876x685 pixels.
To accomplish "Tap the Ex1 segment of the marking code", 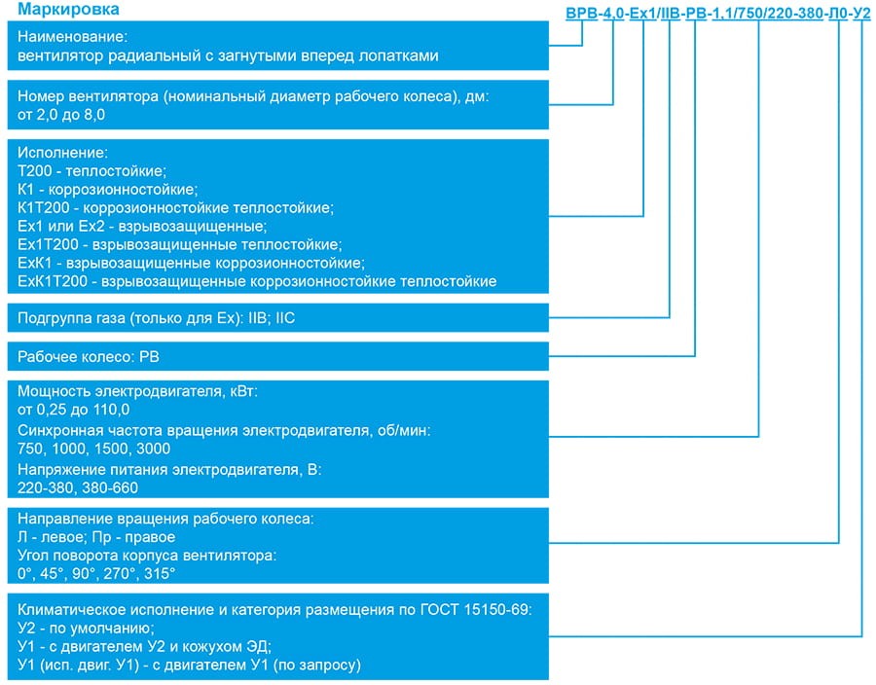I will point(642,14).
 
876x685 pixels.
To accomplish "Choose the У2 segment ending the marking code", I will point(859,14).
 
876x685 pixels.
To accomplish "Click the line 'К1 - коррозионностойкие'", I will point(107,189).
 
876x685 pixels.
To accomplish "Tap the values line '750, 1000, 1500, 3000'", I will point(94,449).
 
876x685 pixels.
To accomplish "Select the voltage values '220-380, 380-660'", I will point(78,487).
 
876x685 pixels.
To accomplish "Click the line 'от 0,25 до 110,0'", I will point(73,410).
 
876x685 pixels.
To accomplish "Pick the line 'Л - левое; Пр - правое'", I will point(96,537).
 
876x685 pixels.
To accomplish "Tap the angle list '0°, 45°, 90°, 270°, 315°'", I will point(96,574).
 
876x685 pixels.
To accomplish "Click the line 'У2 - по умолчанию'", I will point(85,629).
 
